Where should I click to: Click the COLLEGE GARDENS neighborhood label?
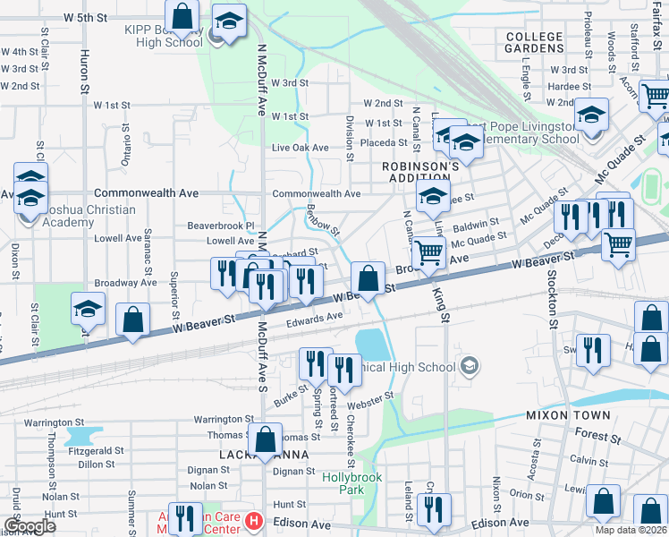534,43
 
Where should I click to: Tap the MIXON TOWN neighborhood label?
568,415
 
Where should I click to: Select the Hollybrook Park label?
352,483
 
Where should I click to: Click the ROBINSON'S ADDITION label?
419,172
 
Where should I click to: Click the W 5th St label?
85,17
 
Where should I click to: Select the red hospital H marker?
253,520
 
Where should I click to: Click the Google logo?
30,526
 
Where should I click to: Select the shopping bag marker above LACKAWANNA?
265,439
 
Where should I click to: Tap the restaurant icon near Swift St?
592,350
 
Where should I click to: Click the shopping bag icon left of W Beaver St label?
133,320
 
